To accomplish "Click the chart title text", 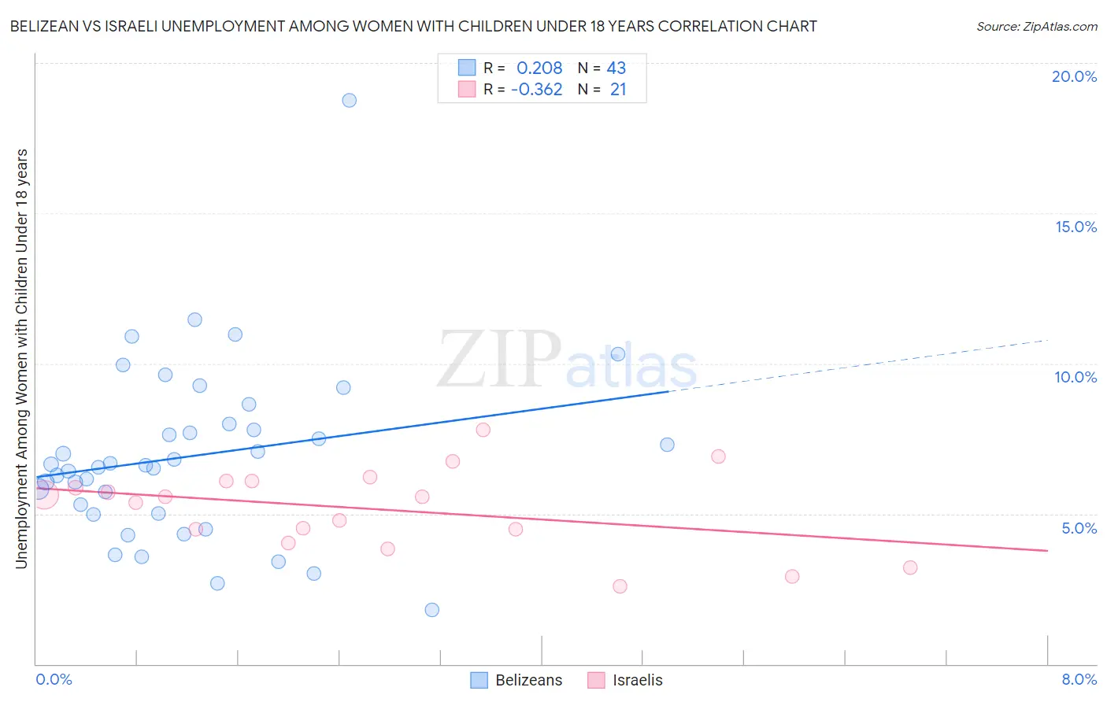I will (x=413, y=27).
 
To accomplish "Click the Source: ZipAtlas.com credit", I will (x=1036, y=27).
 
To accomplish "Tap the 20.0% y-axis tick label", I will (x=1074, y=76).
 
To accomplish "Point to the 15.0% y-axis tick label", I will (x=1076, y=227).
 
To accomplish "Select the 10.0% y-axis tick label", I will (x=1076, y=377).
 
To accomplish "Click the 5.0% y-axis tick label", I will (x=1079, y=528).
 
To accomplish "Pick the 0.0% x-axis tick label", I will (x=54, y=679).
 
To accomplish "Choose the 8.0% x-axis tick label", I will (x=1079, y=679).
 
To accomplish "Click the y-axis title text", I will (x=21, y=358).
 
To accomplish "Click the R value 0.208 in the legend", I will (x=539, y=68).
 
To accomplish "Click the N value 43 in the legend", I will (x=616, y=68).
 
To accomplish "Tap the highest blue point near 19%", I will (x=349, y=101).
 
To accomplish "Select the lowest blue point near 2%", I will (x=431, y=610).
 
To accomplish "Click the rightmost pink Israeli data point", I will (x=910, y=567).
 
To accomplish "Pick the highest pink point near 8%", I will (x=483, y=430).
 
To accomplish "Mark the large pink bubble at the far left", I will (x=44, y=494).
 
